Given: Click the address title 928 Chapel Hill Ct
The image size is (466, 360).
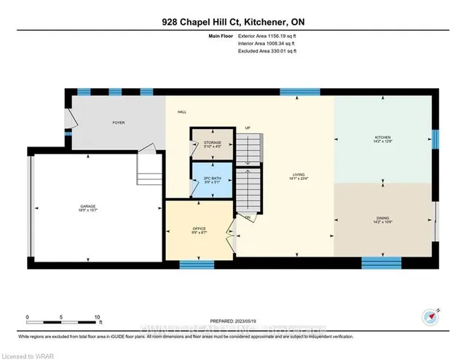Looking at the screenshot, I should coord(232,22).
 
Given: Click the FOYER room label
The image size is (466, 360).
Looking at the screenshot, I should coord(118,122).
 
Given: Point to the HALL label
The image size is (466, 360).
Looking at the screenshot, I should coord(181,112).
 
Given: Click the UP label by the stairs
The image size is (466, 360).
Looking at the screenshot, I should coord(247,128).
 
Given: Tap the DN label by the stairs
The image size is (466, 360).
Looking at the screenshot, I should coord(248,218).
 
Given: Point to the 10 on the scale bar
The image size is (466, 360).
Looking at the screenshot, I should coord(97,318).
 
